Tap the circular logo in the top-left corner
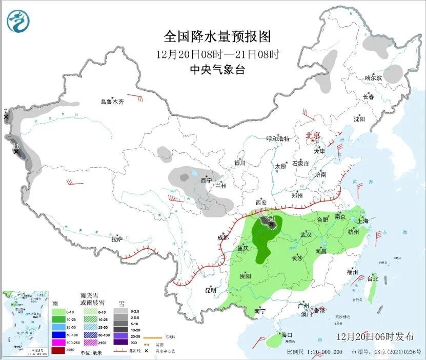point(18,21)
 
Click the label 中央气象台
point(217,70)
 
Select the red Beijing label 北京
point(313,135)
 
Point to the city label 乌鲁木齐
point(112,102)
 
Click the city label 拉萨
point(117,239)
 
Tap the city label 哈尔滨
point(374,78)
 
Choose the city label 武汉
point(306,234)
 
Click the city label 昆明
point(211,290)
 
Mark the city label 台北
point(372,279)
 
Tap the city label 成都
point(222,237)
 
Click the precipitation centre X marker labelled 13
point(16,151)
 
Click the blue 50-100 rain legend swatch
point(58,335)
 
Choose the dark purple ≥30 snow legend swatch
point(121,342)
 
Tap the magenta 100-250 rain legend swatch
point(58,342)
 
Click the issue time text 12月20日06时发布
point(375,337)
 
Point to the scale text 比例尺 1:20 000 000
point(315,352)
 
